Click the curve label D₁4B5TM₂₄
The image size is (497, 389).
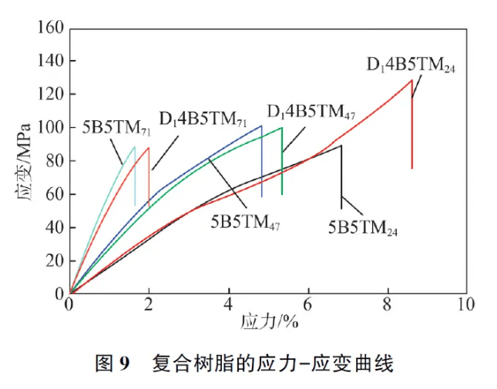(x=411, y=65)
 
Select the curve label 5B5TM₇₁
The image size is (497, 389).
(x=117, y=127)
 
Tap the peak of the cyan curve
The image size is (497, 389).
(x=134, y=147)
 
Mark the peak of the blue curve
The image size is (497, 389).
(x=262, y=126)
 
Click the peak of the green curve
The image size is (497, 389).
(x=282, y=128)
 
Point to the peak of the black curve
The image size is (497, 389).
(x=341, y=145)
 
